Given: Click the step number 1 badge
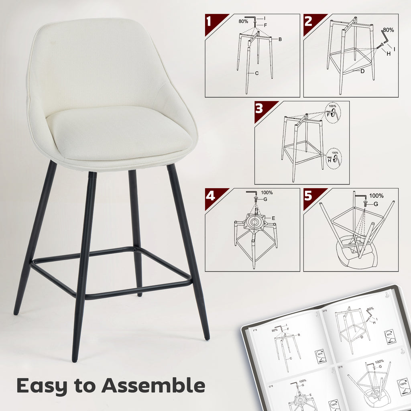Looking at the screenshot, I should click(x=210, y=21).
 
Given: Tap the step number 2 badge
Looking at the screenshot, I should click(x=308, y=21).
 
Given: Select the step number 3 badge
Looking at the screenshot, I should click(x=259, y=108).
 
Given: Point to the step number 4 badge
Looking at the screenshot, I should click(x=210, y=195).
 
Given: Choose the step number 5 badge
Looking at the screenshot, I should click(x=308, y=195).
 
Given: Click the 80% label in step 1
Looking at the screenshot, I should click(x=243, y=21).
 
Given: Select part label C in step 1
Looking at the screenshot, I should click(x=257, y=73).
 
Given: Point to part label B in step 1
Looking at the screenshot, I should click(x=280, y=39).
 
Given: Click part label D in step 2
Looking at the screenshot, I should click(x=362, y=71).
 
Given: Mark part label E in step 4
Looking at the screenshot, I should click(x=273, y=218).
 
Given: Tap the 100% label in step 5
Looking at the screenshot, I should click(x=376, y=196).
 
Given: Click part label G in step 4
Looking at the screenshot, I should click(x=265, y=199).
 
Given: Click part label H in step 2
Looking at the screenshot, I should click(x=388, y=53).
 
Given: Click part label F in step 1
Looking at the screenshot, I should click(x=265, y=25).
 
